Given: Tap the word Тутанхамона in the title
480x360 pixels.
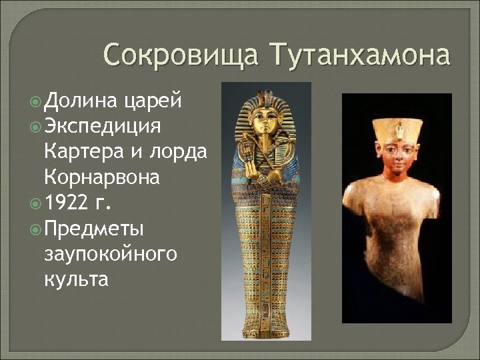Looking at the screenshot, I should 359,55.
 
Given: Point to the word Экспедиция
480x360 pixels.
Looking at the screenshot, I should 108,127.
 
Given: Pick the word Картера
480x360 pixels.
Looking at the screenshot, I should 86,151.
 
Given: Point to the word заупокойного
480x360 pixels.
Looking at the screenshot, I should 109,253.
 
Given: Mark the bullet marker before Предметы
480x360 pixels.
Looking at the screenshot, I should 35,229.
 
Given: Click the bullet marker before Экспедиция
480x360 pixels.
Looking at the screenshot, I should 35,127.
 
